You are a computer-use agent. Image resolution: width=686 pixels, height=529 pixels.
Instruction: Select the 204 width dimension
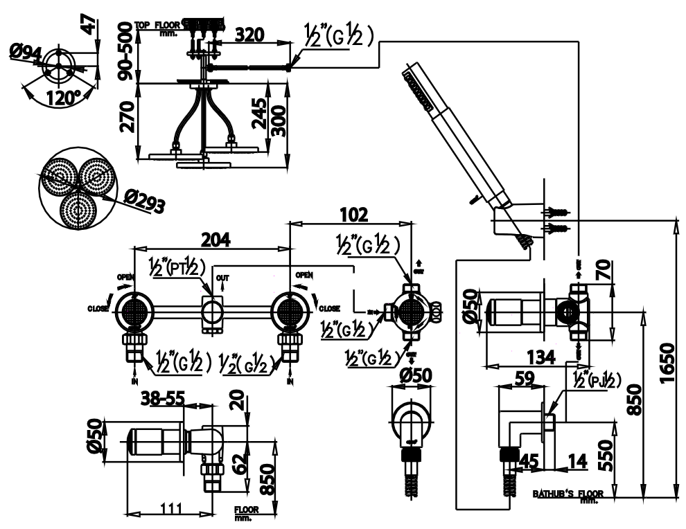pyautogui.click(x=216, y=239)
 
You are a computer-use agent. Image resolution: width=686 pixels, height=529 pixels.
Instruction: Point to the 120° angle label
pyautogui.click(x=64, y=98)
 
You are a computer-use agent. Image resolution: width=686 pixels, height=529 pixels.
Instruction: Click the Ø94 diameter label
pyautogui.click(x=26, y=53)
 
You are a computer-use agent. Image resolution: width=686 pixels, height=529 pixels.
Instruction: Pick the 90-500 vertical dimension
pyautogui.click(x=124, y=52)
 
